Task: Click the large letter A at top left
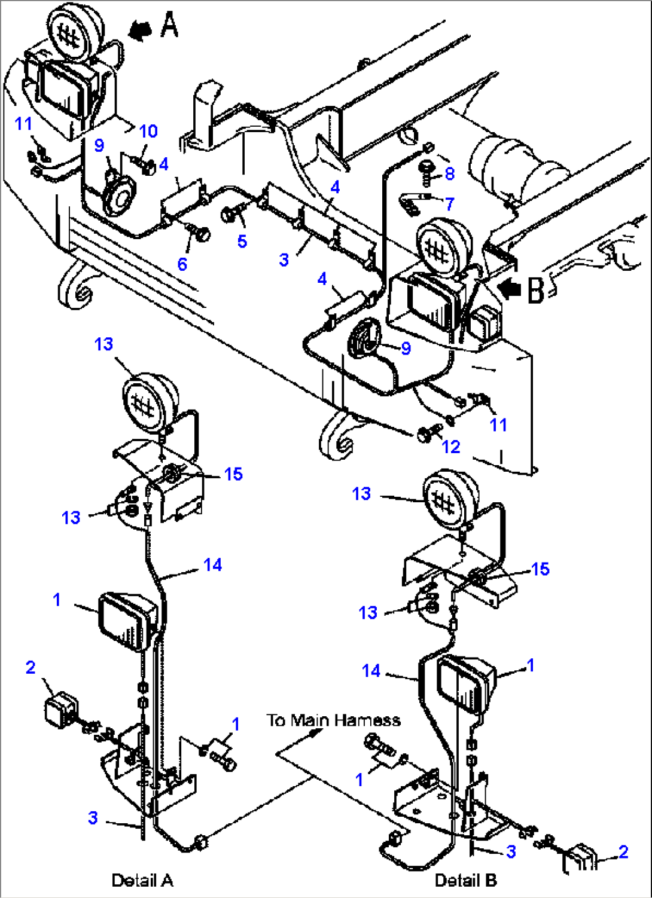(x=169, y=26)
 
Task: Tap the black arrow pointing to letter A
(x=141, y=30)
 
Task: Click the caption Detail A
(x=142, y=880)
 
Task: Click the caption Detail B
(x=465, y=880)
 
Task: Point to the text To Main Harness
(x=333, y=720)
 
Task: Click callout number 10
(x=148, y=131)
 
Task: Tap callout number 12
(x=451, y=447)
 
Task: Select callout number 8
(x=450, y=173)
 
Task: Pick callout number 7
(x=449, y=204)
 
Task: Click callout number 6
(x=182, y=264)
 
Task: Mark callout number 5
(x=242, y=241)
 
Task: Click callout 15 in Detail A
(x=233, y=474)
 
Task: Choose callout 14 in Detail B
(x=371, y=671)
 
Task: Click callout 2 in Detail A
(x=31, y=667)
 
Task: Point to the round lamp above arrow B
(x=445, y=246)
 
